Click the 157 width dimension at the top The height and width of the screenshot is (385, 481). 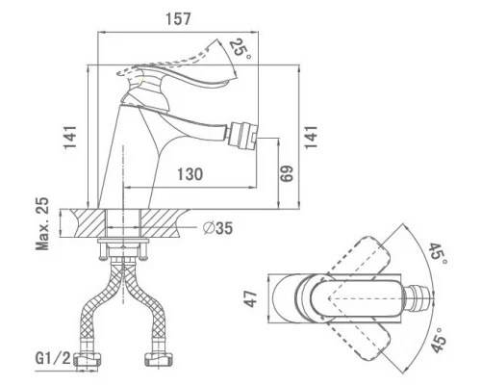click(x=178, y=18)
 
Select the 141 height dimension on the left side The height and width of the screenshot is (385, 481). click(x=70, y=137)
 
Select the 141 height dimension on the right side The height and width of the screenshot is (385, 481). click(x=311, y=137)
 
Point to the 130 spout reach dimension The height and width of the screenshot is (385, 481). click(x=190, y=174)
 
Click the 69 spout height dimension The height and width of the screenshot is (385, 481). click(x=287, y=173)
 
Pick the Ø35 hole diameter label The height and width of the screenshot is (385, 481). click(x=218, y=228)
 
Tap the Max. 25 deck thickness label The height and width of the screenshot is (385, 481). click(x=42, y=223)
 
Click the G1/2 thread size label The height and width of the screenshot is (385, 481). click(x=53, y=358)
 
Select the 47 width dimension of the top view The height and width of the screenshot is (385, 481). click(x=252, y=298)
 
